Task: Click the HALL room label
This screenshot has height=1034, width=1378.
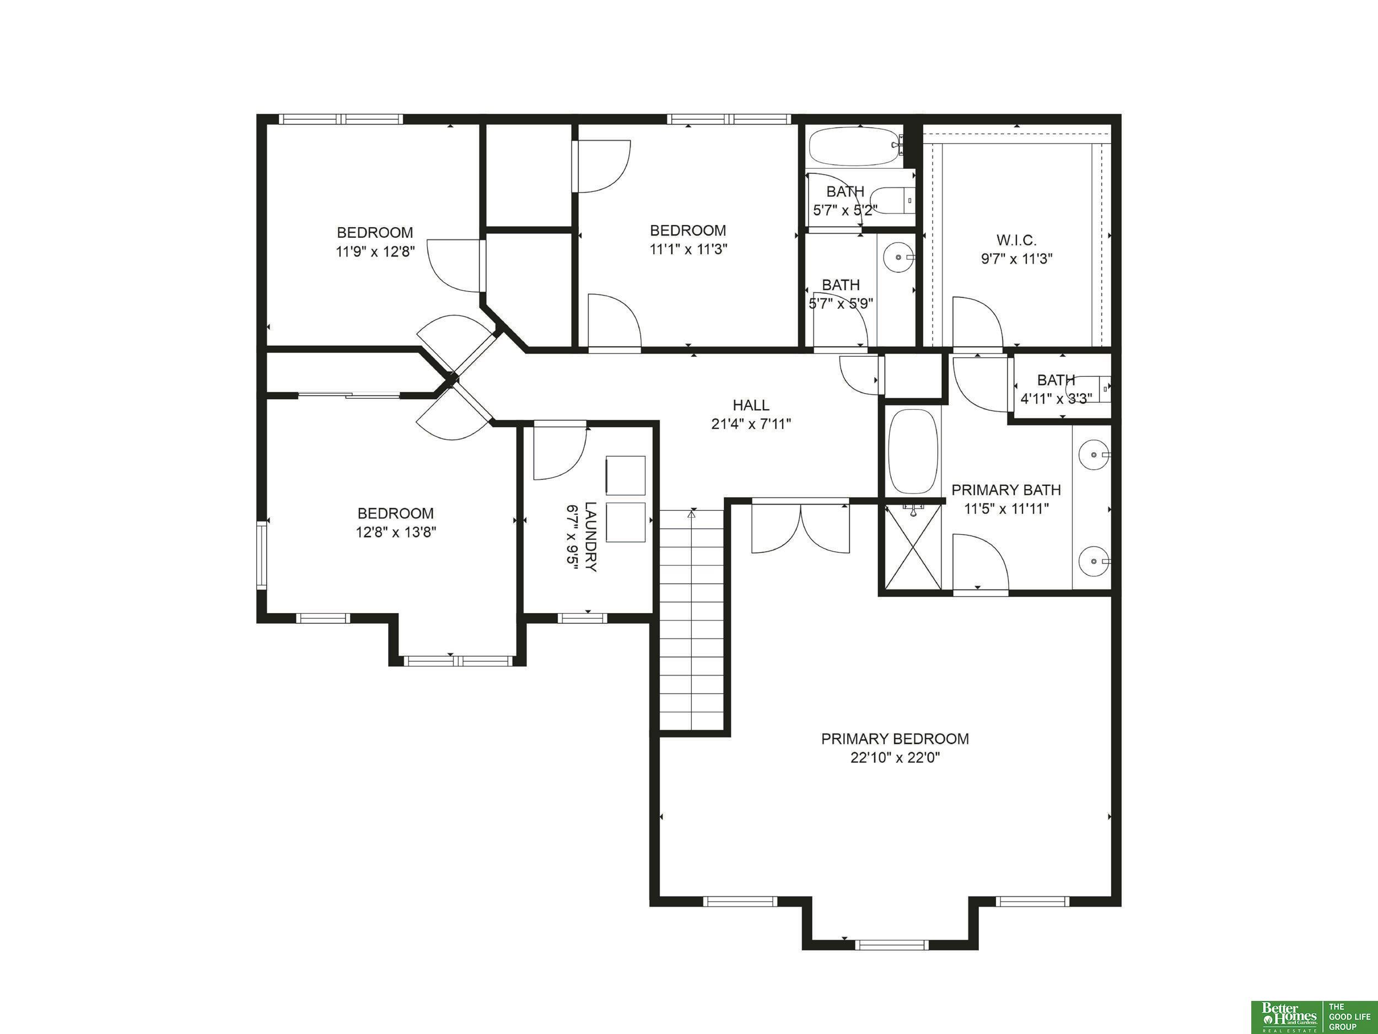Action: tap(751, 405)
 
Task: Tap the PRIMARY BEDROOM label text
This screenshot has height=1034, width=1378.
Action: tap(895, 738)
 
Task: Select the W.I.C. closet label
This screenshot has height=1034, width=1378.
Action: tap(1016, 240)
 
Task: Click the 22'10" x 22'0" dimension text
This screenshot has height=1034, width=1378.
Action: tap(895, 758)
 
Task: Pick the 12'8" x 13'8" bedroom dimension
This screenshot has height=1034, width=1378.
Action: tap(396, 532)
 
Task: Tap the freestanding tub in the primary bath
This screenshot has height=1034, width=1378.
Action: tap(913, 451)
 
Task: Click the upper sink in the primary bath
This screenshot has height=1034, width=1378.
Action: tap(1094, 455)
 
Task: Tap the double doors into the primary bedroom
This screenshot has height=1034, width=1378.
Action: tap(800, 527)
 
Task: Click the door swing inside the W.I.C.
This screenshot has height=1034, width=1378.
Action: tap(977, 322)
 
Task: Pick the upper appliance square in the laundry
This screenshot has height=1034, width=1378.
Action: tap(626, 476)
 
